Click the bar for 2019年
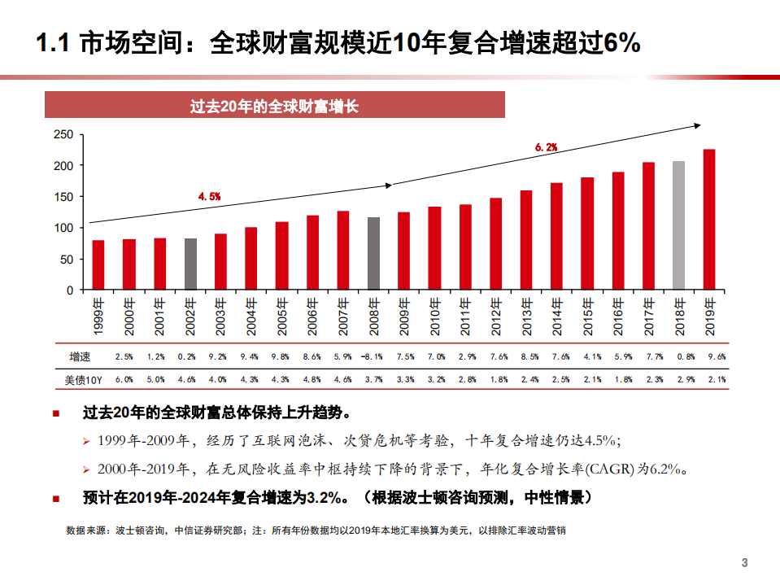click(x=709, y=220)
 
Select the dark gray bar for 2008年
click(x=373, y=253)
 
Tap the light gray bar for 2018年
click(x=678, y=225)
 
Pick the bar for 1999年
click(x=98, y=264)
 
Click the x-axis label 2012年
click(x=496, y=317)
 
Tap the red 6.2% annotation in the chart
click(x=546, y=147)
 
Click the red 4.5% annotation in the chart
click(x=210, y=196)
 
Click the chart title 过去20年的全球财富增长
click(x=274, y=107)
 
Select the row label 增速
click(x=81, y=356)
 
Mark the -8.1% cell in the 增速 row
click(x=373, y=356)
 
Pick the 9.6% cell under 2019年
click(x=716, y=356)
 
